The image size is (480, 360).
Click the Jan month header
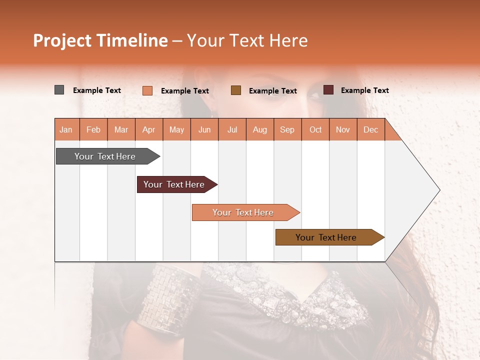click(66, 129)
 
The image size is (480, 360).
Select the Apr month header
click(149, 129)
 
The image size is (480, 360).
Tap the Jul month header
click(232, 129)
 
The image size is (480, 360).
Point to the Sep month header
click(287, 129)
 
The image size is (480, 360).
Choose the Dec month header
click(370, 129)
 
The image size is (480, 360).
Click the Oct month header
click(315, 129)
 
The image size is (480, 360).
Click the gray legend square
click(59, 90)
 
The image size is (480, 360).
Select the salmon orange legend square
click(147, 90)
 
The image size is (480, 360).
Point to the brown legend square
click(236, 90)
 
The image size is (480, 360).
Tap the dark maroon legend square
click(328, 90)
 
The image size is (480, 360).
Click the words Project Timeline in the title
click(100, 40)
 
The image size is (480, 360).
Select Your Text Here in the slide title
click(247, 40)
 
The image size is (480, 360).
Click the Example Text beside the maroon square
click(364, 90)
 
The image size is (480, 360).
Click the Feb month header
click(93, 129)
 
